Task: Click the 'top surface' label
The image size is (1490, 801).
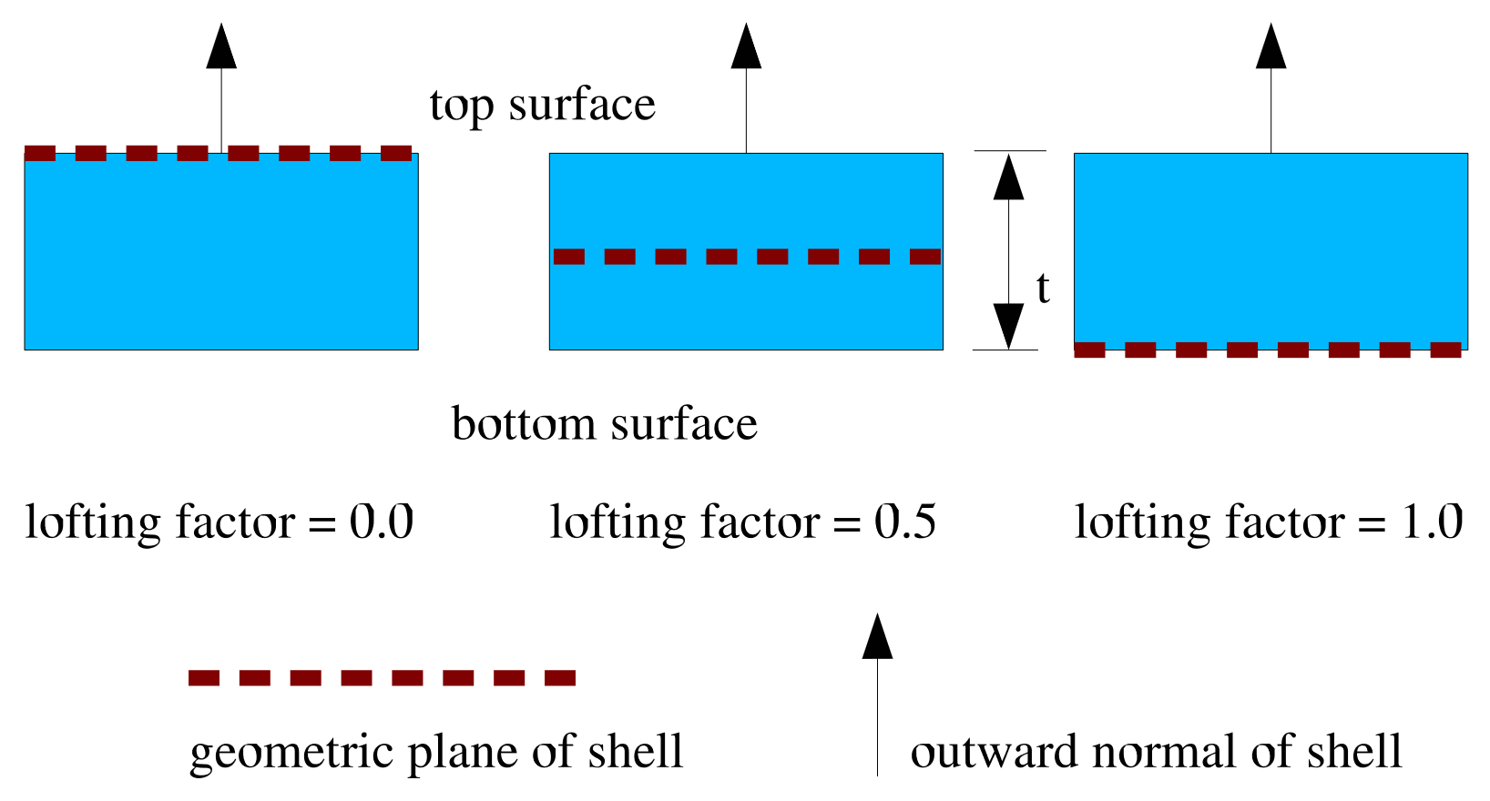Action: point(543,106)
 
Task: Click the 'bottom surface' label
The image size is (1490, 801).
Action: point(605,424)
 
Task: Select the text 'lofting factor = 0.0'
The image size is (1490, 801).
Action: point(219,523)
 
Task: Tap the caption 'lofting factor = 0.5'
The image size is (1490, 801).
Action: point(743,523)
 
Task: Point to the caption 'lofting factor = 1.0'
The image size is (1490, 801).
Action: point(1269,523)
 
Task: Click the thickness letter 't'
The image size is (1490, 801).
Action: point(1043,289)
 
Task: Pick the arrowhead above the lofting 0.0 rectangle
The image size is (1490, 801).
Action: point(221,47)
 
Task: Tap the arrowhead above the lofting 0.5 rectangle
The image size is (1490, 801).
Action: point(746,47)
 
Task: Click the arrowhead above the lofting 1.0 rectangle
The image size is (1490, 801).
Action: point(1271,47)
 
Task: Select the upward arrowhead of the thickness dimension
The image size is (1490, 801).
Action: point(1008,177)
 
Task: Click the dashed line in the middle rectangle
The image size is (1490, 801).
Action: point(747,257)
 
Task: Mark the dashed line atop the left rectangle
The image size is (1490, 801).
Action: point(219,153)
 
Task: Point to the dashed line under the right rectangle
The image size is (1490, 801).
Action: point(1268,350)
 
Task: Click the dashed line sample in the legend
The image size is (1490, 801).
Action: point(382,677)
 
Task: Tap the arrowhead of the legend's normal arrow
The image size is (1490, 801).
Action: point(877,636)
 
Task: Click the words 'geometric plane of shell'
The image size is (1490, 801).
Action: point(436,753)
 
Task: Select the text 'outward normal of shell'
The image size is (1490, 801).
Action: point(1156,753)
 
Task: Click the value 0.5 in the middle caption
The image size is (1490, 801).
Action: point(905,523)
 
